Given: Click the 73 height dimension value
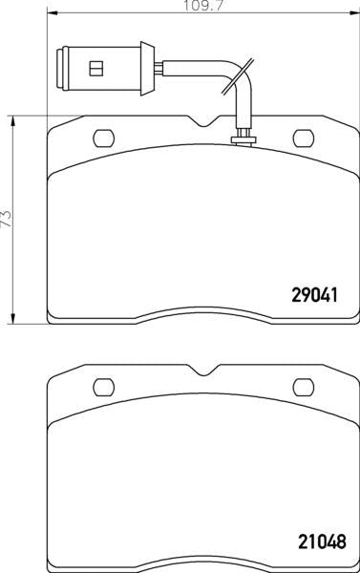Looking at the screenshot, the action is [x=8, y=219].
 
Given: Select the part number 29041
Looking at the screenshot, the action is [x=314, y=294].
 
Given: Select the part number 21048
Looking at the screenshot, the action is [x=322, y=541].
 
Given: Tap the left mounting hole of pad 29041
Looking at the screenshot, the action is [x=104, y=138].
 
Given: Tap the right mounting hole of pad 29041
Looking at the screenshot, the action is [x=304, y=138].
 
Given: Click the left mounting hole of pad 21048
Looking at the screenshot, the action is [x=104, y=388].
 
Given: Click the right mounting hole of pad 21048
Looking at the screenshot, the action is [x=304, y=388].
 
